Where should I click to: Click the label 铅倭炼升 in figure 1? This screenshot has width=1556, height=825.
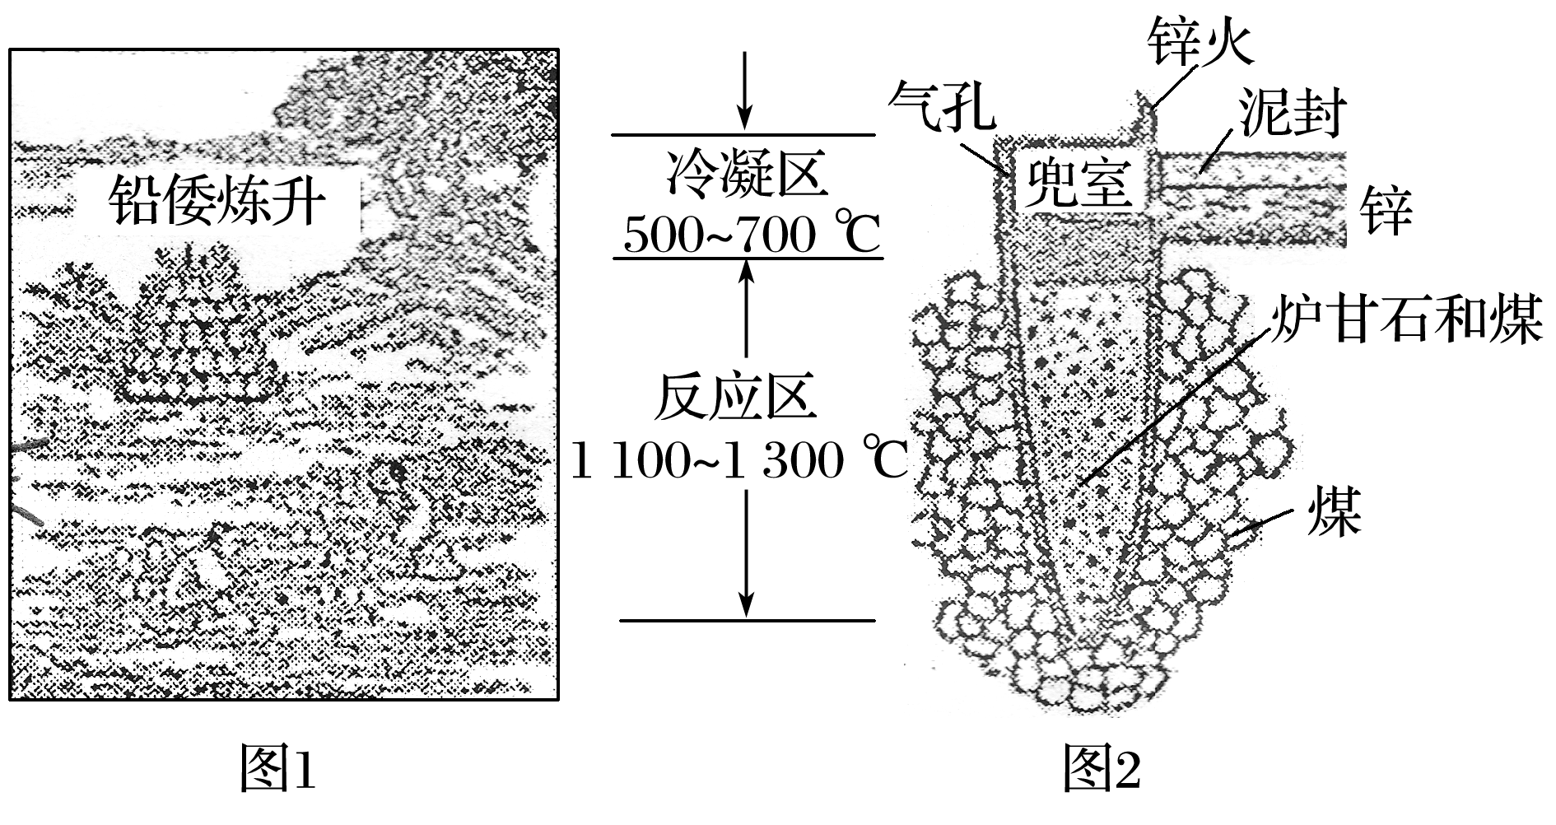217,200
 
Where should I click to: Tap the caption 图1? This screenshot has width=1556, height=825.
277,767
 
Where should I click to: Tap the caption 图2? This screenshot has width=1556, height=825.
1102,767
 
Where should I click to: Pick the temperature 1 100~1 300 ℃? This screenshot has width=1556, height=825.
738,459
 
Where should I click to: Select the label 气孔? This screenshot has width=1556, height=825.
941,106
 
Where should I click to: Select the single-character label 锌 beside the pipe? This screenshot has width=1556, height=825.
1386,210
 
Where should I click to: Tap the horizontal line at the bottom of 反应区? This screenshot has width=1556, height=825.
746,619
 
